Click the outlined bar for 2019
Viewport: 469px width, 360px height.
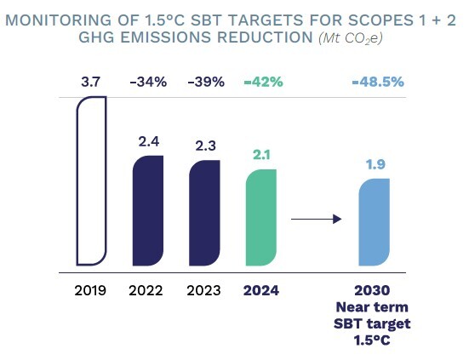tap(91, 180)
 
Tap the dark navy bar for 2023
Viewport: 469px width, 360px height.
tap(205, 213)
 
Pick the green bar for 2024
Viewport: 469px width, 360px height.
tap(261, 220)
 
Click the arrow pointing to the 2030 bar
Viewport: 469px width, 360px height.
tap(316, 220)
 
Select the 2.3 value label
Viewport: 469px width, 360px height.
tap(205, 146)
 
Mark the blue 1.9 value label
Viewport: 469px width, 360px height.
tap(375, 164)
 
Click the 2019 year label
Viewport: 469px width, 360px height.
tap(90, 290)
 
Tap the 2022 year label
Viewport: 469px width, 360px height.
tap(148, 290)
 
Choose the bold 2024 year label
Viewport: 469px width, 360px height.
tap(261, 290)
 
